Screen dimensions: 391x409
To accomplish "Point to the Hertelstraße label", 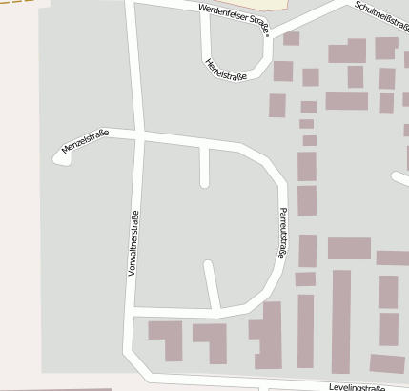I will click(x=226, y=70).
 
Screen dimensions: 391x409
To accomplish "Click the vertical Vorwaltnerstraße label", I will click(x=133, y=243).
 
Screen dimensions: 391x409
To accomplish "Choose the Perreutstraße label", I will click(x=281, y=233).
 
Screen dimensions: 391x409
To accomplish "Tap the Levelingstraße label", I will click(x=357, y=387).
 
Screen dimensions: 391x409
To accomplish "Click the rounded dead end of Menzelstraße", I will click(x=62, y=157).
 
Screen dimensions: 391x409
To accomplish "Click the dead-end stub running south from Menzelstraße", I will click(x=204, y=168).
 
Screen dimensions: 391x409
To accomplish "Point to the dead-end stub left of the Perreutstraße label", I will click(x=211, y=284).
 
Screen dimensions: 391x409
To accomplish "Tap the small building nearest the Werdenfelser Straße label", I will click(x=291, y=39).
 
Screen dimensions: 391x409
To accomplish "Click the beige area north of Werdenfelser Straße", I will click(x=276, y=4).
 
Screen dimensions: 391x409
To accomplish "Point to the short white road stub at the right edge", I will click(x=400, y=179).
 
